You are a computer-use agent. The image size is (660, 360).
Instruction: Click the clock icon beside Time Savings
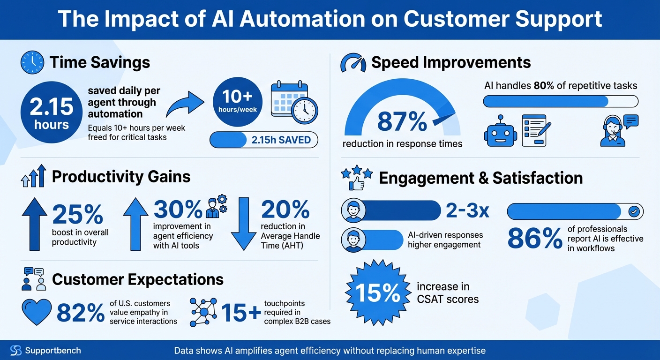[x=32, y=62]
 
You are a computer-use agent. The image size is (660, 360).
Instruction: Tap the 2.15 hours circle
[x=51, y=112]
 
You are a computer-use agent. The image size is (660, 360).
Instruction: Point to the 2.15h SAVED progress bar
[x=263, y=140]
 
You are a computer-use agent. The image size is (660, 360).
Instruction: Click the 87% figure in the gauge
[x=402, y=122]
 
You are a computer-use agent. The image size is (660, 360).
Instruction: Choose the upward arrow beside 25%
[x=35, y=224]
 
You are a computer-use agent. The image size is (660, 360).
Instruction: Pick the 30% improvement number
[x=178, y=210]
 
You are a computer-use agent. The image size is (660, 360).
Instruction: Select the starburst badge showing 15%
[x=376, y=293]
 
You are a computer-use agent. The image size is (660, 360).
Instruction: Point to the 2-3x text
[x=467, y=211]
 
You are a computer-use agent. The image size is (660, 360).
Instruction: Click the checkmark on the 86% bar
[x=634, y=212]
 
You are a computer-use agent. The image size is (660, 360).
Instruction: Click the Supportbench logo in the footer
[x=16, y=351]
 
